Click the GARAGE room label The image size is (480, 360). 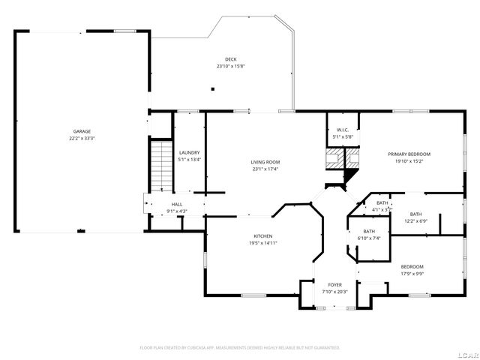pyautogui.click(x=82, y=131)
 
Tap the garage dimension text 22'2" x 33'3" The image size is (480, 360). pyautogui.click(x=82, y=139)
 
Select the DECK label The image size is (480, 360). pyautogui.click(x=231, y=59)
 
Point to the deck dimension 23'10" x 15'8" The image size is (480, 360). pyautogui.click(x=231, y=66)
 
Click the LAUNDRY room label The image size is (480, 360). pyautogui.click(x=189, y=152)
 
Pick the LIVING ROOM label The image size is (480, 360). pyautogui.click(x=265, y=162)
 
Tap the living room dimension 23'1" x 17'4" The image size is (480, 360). pyautogui.click(x=265, y=169)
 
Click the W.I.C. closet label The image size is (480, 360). pyautogui.click(x=343, y=130)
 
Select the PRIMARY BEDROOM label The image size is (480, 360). pyautogui.click(x=409, y=154)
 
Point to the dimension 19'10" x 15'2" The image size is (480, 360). pyautogui.click(x=409, y=160)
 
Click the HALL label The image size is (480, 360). pyautogui.click(x=177, y=204)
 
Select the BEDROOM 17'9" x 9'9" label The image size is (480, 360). pyautogui.click(x=412, y=267)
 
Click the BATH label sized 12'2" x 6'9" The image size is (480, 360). pyautogui.click(x=415, y=214)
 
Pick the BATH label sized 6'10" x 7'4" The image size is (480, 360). pyautogui.click(x=369, y=231)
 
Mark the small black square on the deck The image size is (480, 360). pyautogui.click(x=213, y=88)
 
